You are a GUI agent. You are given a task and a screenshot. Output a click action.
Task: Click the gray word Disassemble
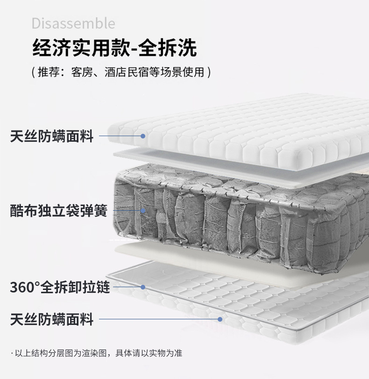[73, 23]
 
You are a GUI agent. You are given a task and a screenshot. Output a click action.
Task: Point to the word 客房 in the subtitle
[81, 73]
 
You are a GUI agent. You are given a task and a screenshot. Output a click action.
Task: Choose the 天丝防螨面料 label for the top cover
[52, 137]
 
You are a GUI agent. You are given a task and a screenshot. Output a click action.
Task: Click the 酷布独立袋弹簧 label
[59, 211]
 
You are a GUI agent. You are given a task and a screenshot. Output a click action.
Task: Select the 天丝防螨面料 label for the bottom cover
[52, 320]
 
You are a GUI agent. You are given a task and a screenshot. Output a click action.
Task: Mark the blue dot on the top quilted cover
[143, 136]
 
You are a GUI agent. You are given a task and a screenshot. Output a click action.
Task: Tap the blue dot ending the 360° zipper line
[143, 287]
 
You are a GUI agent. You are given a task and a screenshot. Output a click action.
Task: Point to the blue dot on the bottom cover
[220, 319]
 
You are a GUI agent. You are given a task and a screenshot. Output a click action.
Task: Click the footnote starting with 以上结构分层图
[99, 353]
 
